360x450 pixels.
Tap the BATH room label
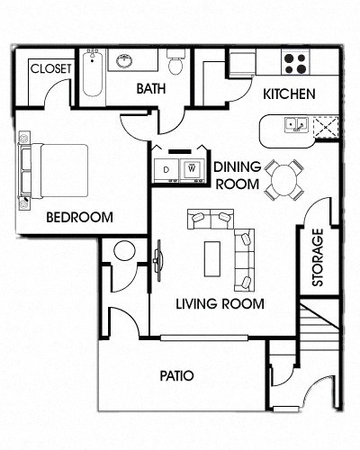pos(149,88)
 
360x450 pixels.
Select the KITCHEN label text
pos(288,94)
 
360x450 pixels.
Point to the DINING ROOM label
pos(237,175)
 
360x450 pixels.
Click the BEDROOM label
pos(79,217)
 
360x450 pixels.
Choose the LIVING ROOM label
pos(220,304)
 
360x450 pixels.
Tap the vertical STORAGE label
pos(317,257)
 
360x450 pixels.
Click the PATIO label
pos(178,375)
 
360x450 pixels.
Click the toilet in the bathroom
pos(175,63)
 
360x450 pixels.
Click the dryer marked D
pos(167,168)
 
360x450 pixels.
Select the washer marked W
pos(192,168)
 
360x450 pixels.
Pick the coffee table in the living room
pos(213,257)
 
